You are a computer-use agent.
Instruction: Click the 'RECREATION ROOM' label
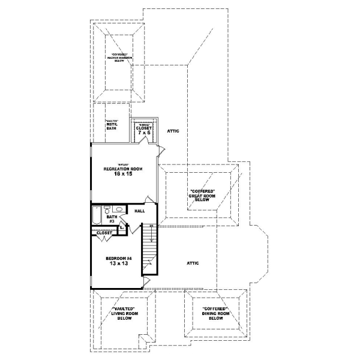point(122,169)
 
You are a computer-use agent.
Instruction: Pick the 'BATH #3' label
point(111,219)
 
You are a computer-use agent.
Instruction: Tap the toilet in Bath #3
point(107,209)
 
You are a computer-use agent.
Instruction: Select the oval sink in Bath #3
point(119,209)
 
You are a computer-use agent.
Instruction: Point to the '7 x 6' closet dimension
point(143,133)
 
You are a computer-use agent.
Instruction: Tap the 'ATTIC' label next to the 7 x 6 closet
point(173,130)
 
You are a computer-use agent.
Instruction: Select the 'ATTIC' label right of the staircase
point(192,263)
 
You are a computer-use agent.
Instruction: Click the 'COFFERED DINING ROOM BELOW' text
point(216,314)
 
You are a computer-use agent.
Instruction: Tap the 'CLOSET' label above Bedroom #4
point(104,233)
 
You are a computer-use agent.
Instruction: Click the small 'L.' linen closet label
point(121,227)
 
